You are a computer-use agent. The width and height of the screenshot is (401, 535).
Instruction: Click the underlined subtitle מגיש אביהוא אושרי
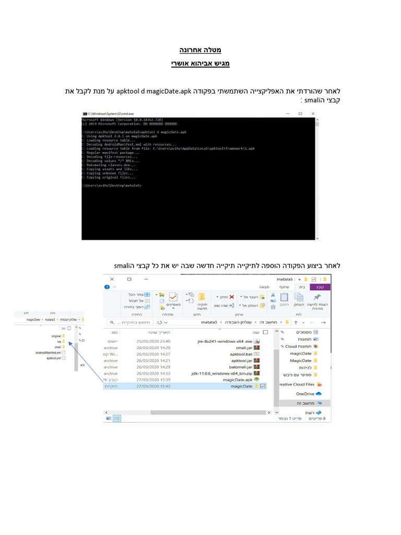(200, 64)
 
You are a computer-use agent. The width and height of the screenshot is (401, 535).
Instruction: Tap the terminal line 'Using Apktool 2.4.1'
(105, 136)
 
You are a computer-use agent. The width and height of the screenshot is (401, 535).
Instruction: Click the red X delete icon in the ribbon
(232, 296)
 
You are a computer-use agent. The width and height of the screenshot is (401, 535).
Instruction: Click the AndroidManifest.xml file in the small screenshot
(48, 353)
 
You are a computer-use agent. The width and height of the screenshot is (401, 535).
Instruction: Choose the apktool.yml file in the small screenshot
(54, 358)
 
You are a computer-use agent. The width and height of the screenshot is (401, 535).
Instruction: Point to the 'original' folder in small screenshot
(56, 335)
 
